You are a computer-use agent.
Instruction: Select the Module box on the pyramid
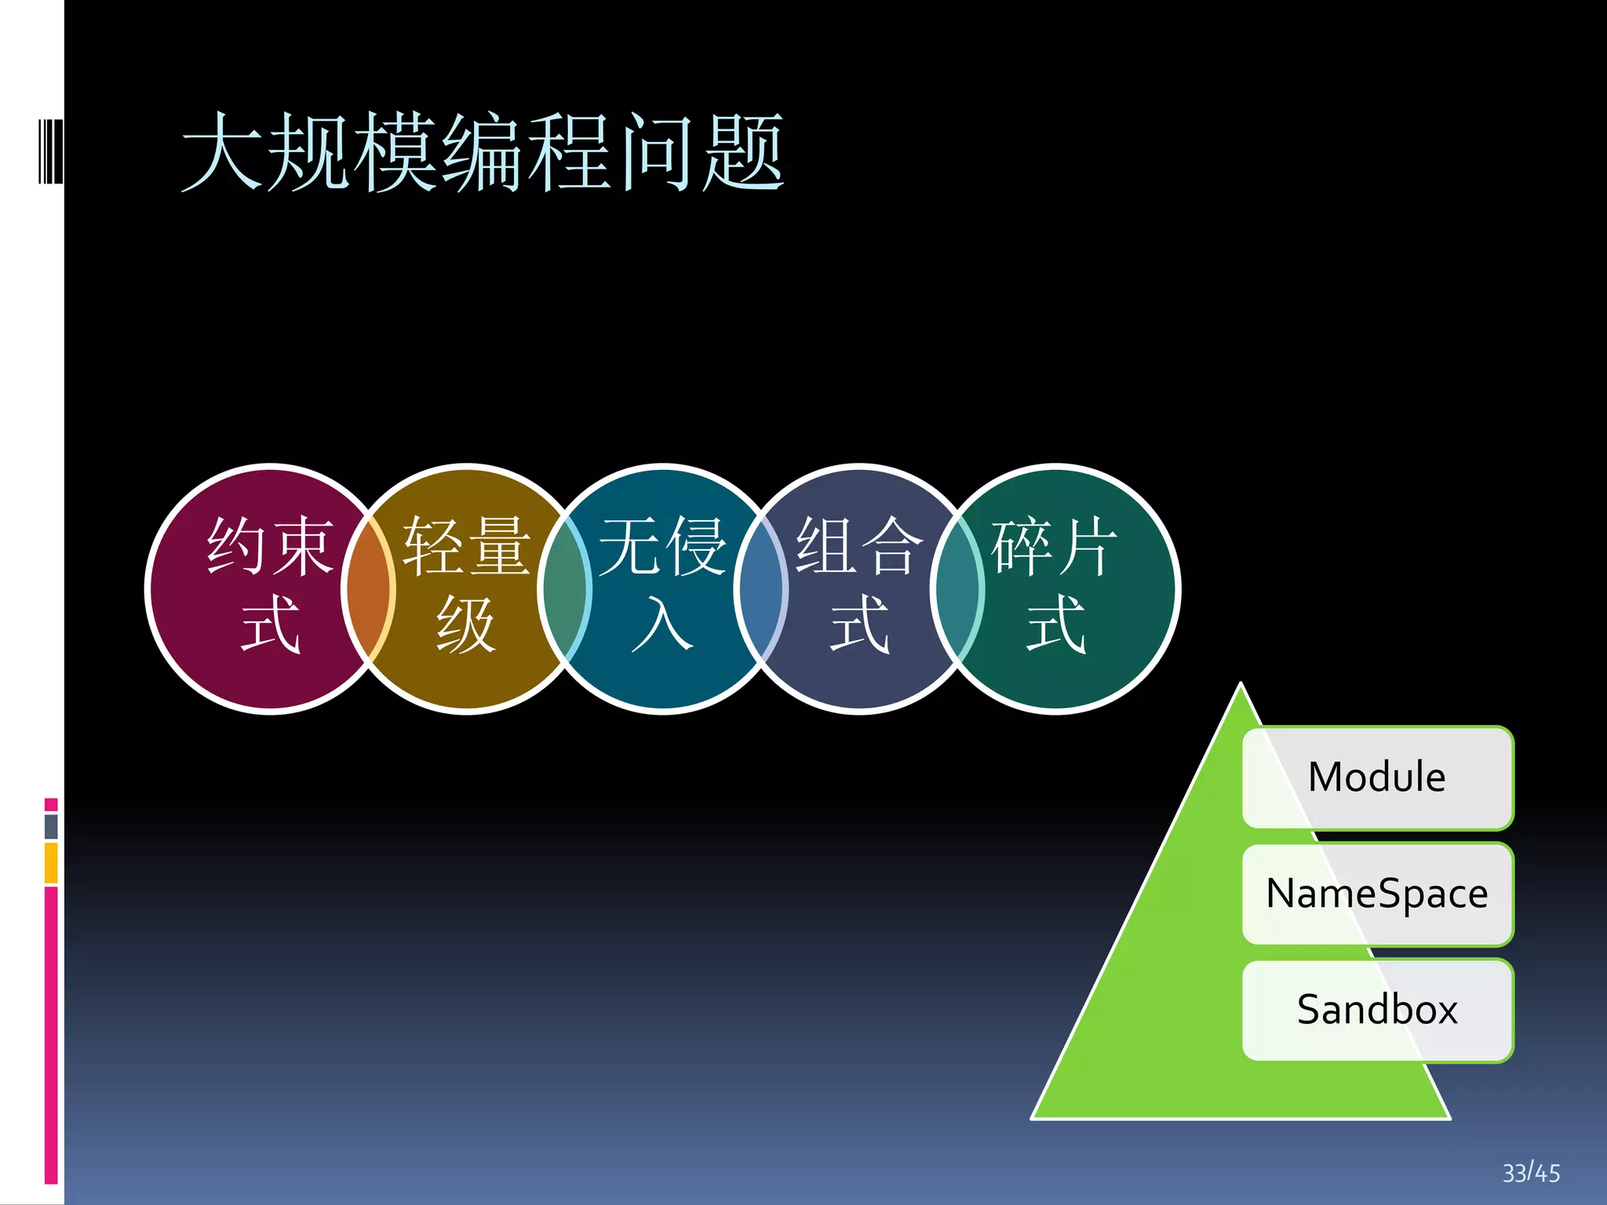pyautogui.click(x=1377, y=777)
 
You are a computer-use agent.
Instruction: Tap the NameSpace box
pyautogui.click(x=1377, y=894)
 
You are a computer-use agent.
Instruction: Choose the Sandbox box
pyautogui.click(x=1377, y=1010)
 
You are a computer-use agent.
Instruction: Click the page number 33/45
pyautogui.click(x=1531, y=1173)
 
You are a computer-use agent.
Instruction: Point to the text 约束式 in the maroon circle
pyautogui.click(x=271, y=585)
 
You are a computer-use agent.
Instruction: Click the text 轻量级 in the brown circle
pyautogui.click(x=467, y=585)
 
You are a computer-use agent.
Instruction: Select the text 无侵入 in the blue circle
pyautogui.click(x=663, y=585)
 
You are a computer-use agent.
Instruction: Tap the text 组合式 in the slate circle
pyautogui.click(x=859, y=585)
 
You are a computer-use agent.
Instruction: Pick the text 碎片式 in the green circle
pyautogui.click(x=1055, y=585)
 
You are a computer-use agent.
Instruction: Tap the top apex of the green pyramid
pyautogui.click(x=1241, y=687)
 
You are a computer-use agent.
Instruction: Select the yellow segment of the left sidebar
pyautogui.click(x=51, y=863)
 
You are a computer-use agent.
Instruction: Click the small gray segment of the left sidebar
pyautogui.click(x=51, y=826)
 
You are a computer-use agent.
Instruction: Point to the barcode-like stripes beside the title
pyautogui.click(x=50, y=151)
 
